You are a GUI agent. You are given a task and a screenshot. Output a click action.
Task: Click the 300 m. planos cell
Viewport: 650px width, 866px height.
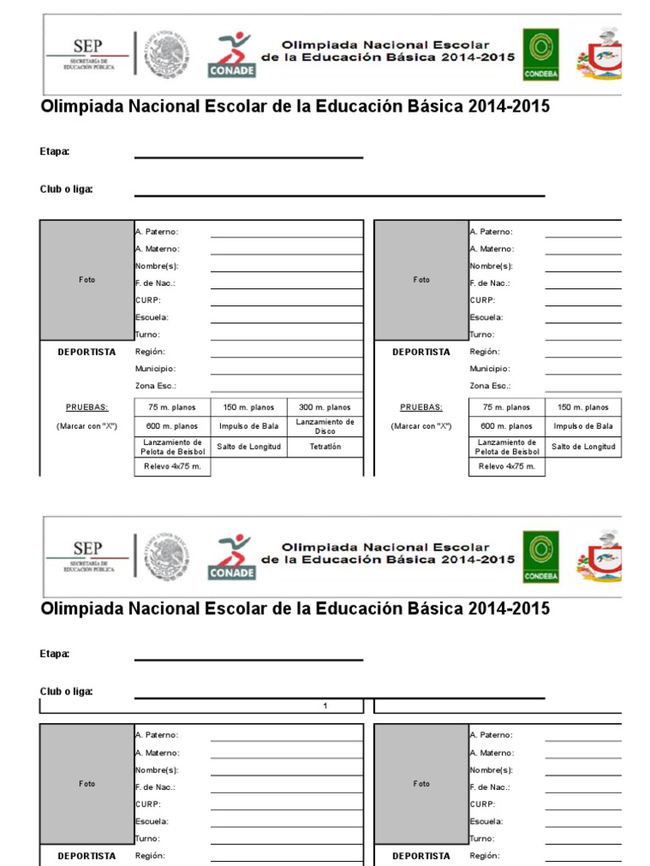click(326, 408)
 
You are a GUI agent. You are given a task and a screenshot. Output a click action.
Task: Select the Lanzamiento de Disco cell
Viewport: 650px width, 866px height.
click(326, 426)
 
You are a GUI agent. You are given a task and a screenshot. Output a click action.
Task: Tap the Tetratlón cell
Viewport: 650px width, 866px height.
click(326, 447)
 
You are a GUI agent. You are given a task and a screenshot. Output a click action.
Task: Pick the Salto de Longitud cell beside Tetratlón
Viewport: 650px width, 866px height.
click(249, 447)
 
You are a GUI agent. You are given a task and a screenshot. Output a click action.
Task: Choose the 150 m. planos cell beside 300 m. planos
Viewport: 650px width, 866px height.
click(249, 408)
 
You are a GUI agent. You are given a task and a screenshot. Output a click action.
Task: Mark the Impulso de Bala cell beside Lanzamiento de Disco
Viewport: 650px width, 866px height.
click(249, 426)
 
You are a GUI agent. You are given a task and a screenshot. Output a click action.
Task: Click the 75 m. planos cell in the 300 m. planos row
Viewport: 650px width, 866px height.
click(172, 408)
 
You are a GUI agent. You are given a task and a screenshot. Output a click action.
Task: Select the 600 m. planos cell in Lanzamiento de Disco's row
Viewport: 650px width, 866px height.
click(172, 426)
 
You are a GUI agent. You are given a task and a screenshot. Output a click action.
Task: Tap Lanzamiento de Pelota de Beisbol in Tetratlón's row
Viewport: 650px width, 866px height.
click(172, 447)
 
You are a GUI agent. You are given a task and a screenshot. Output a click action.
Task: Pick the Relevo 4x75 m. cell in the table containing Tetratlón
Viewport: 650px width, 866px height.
click(172, 467)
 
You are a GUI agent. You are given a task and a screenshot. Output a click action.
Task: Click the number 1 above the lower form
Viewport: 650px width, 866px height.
click(325, 706)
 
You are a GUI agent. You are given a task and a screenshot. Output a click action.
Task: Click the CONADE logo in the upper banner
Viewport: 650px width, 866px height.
click(231, 55)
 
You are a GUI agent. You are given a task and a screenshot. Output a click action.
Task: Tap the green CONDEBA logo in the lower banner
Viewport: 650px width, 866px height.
click(540, 557)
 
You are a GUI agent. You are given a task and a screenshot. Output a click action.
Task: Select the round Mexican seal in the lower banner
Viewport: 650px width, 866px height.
click(166, 557)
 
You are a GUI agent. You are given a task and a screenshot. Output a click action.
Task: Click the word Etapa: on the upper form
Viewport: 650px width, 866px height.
click(54, 152)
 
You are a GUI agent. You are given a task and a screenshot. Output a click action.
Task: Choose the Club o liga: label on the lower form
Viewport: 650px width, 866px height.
click(66, 692)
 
